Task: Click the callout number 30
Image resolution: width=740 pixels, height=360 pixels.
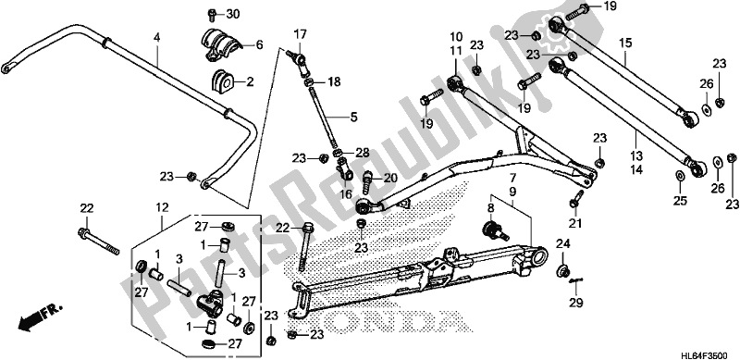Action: (231, 14)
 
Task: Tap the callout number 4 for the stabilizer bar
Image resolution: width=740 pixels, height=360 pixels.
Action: (157, 36)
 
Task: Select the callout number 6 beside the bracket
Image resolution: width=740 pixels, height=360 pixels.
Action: (258, 44)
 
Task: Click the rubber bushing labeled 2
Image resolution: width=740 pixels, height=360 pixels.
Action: (222, 80)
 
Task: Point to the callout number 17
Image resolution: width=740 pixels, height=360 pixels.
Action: (300, 36)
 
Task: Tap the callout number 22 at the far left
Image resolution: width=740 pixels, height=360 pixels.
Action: (87, 206)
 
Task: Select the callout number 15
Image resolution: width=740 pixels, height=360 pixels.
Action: (625, 43)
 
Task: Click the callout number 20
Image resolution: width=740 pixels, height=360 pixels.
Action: (389, 177)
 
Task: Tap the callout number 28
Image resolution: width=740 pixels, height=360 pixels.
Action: (363, 153)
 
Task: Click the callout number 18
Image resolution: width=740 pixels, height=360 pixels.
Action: (334, 82)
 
